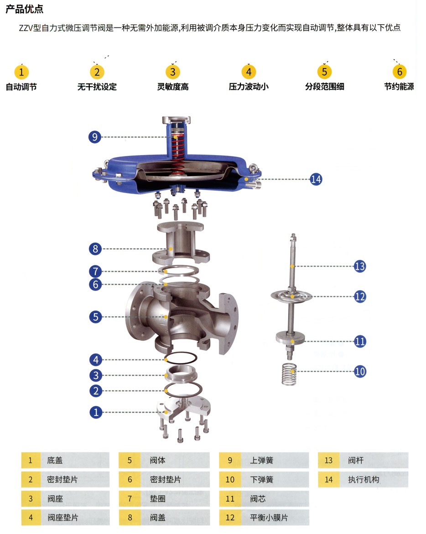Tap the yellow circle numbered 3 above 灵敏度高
click(x=172, y=72)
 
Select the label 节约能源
click(x=399, y=87)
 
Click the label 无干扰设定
click(x=97, y=87)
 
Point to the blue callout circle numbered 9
click(x=94, y=137)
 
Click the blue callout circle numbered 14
click(x=316, y=179)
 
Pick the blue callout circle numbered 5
click(x=95, y=316)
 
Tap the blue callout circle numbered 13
click(x=360, y=266)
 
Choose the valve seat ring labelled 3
click(x=178, y=375)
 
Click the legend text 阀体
click(x=158, y=460)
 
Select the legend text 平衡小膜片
click(x=269, y=518)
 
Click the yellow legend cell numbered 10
click(x=230, y=479)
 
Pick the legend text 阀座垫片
click(x=62, y=518)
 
